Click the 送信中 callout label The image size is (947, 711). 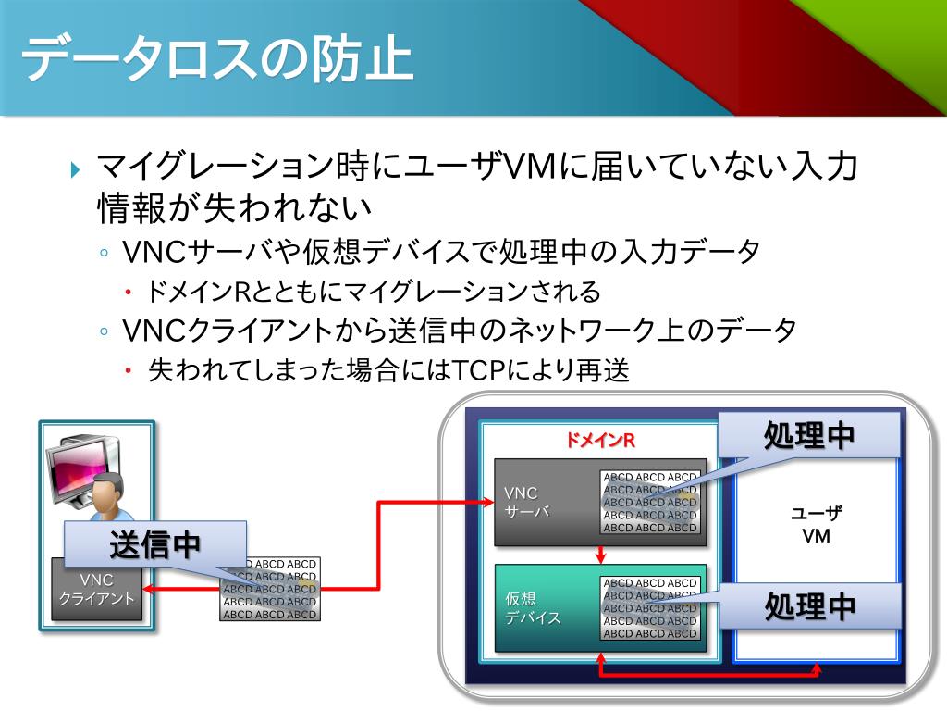click(155, 544)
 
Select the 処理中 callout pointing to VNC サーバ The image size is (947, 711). click(808, 435)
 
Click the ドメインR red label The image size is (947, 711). click(600, 440)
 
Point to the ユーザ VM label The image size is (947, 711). click(816, 525)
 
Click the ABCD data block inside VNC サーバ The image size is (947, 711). click(650, 503)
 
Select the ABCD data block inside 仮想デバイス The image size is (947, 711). click(650, 608)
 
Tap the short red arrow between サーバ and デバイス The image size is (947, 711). click(601, 554)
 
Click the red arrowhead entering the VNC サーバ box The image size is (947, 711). click(490, 503)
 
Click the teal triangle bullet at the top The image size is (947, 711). click(78, 169)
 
